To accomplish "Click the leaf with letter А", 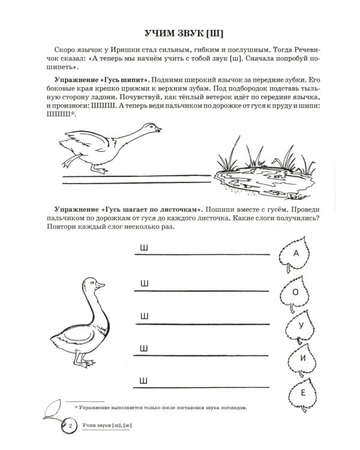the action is click(x=295, y=254).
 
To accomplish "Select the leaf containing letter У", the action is click(x=300, y=326).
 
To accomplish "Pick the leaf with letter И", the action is click(x=302, y=359).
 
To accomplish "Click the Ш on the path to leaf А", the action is click(x=144, y=248).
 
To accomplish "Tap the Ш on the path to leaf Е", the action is click(x=143, y=381).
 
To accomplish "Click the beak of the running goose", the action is click(x=157, y=129).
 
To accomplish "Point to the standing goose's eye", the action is click(x=92, y=283).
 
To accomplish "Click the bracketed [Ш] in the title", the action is click(x=215, y=34).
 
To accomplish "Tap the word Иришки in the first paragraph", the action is click(x=125, y=50).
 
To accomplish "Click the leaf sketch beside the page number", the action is click(x=53, y=409).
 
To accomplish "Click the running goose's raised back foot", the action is click(x=70, y=161).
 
